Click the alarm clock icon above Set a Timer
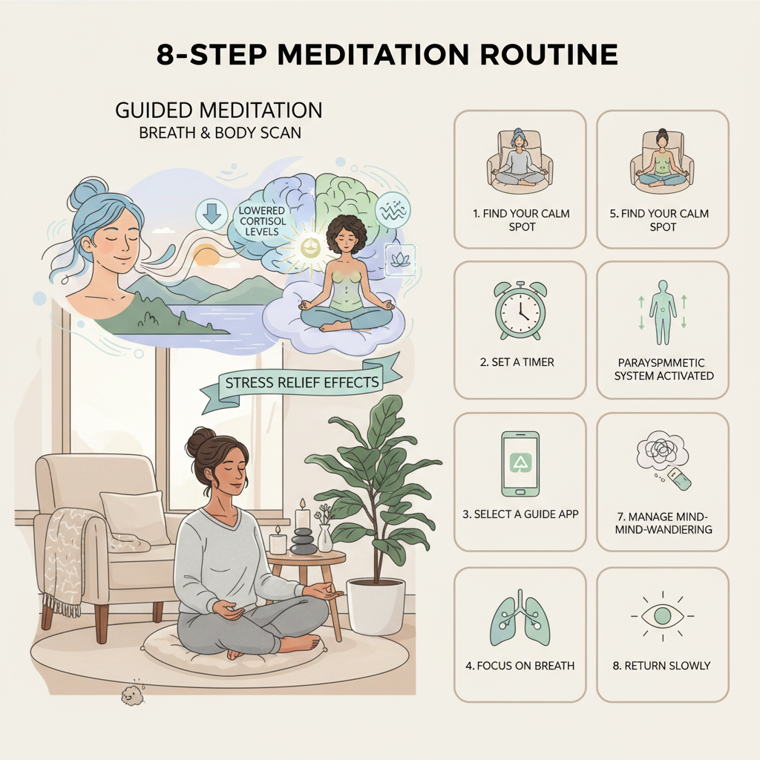point(520,312)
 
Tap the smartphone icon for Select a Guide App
point(520,464)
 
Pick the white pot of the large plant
point(376,605)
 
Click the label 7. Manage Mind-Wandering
point(663,522)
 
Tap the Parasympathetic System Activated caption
point(663,369)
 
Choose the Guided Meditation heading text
point(218,111)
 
